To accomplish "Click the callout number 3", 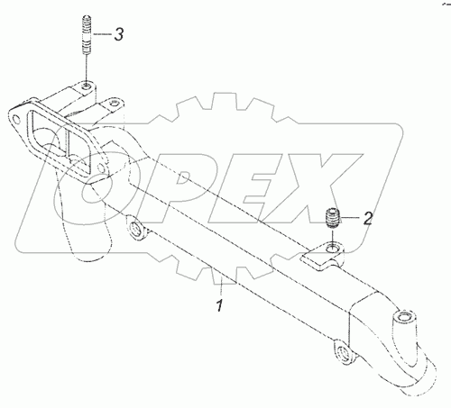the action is coord(119,34).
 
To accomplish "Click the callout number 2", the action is coord(367,218).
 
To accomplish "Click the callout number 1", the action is coord(220,305).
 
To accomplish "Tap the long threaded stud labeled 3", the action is coord(87,35).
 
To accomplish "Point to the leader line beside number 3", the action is coord(102,34).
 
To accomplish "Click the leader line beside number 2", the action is coord(349,217).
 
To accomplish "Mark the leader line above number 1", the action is coord(222,286).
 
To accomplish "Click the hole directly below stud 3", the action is coord(87,86).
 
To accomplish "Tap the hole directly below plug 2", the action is coord(333,249).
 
